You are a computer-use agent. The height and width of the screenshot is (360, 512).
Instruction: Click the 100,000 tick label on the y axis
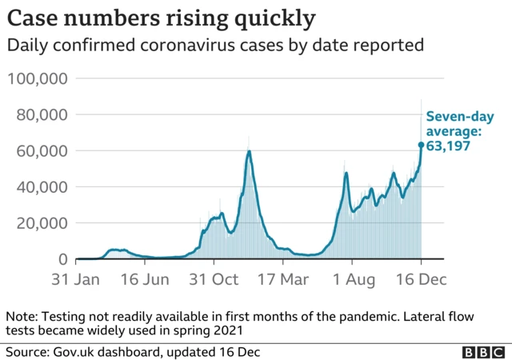(x=38, y=78)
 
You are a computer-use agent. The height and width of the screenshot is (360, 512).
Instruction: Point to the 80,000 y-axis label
(x=42, y=114)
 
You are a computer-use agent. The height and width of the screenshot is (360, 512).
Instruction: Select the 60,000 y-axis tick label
(x=42, y=150)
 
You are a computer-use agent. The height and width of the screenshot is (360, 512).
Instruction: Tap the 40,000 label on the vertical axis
(x=42, y=187)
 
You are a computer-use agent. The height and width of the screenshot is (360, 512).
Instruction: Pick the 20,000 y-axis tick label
(x=42, y=223)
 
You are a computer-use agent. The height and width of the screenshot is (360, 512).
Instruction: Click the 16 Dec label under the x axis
(x=418, y=281)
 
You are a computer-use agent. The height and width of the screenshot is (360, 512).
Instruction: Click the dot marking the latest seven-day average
(x=421, y=145)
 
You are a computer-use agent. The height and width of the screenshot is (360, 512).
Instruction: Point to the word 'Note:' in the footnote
(x=23, y=315)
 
